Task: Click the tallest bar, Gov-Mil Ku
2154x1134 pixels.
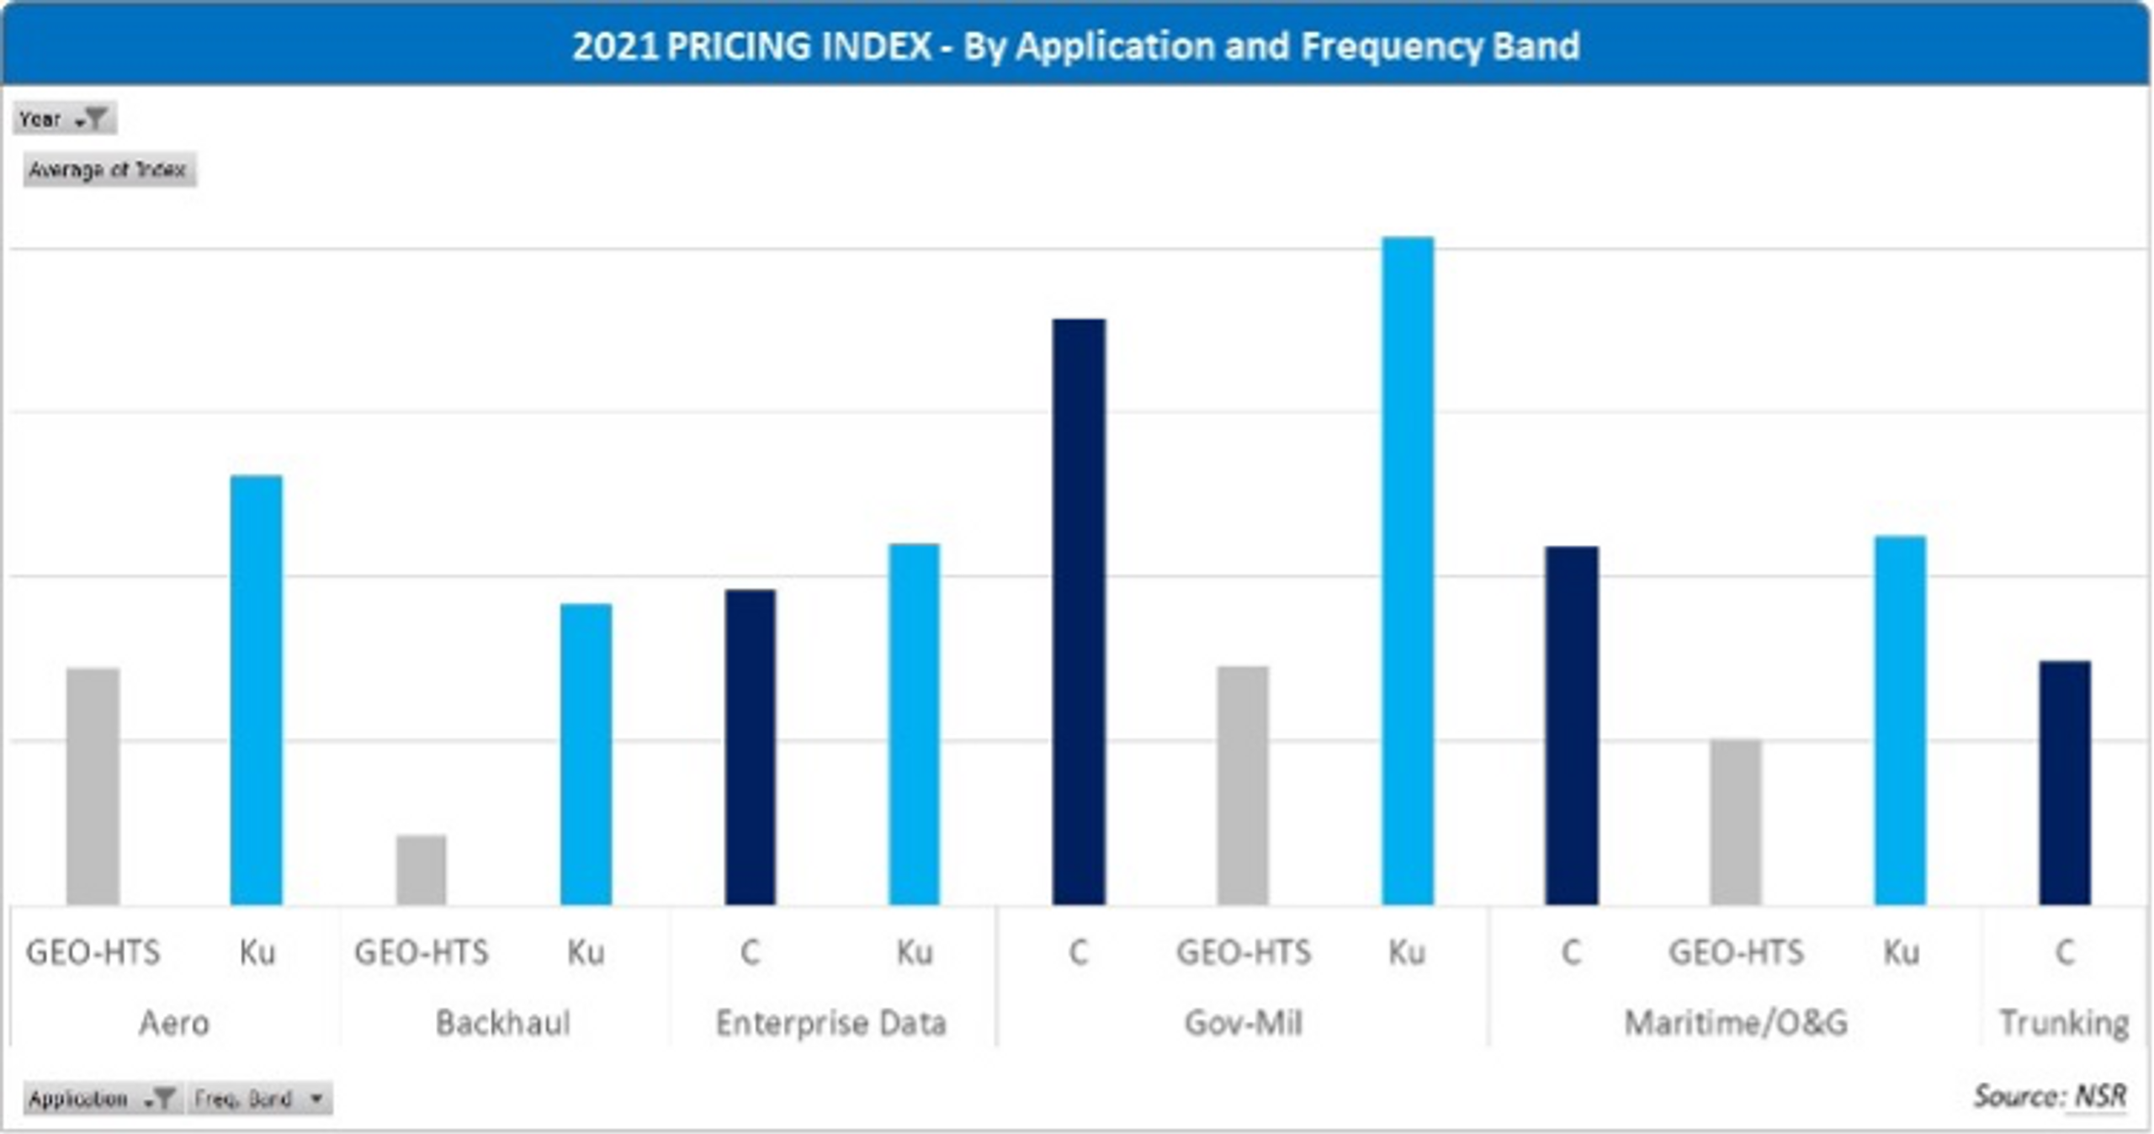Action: coord(1408,572)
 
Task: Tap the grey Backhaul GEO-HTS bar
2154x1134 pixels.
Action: coord(422,870)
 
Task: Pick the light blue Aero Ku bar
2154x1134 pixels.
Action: coord(257,690)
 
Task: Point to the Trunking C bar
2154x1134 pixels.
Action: coord(2064,782)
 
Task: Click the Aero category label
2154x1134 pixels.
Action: coord(174,1023)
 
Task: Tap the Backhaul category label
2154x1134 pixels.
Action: coord(503,1023)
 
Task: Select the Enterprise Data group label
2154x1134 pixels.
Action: coord(831,1023)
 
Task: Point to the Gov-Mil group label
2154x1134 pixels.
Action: coord(1243,1023)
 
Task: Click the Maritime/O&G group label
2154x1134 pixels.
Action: coord(1736,1023)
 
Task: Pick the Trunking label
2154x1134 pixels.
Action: coord(2064,1023)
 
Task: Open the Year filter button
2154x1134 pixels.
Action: coord(65,119)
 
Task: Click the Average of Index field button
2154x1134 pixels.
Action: coord(109,170)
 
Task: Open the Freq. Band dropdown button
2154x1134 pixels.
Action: coord(259,1098)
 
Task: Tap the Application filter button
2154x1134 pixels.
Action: coord(101,1098)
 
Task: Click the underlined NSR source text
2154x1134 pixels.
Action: coord(2100,1095)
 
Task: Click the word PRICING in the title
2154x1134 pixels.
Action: coord(799,45)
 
